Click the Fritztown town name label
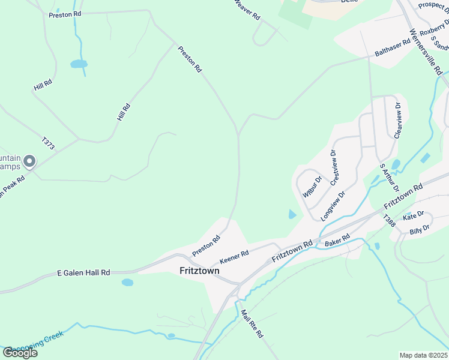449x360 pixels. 199,271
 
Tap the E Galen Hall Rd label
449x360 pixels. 83,272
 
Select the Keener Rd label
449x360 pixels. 234,257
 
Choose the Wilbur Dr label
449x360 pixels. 312,186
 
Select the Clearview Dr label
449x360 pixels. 397,120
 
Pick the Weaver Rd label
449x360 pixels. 247,9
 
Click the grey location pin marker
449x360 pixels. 29,161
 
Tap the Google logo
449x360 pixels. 20,352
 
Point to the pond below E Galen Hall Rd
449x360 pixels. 127,282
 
